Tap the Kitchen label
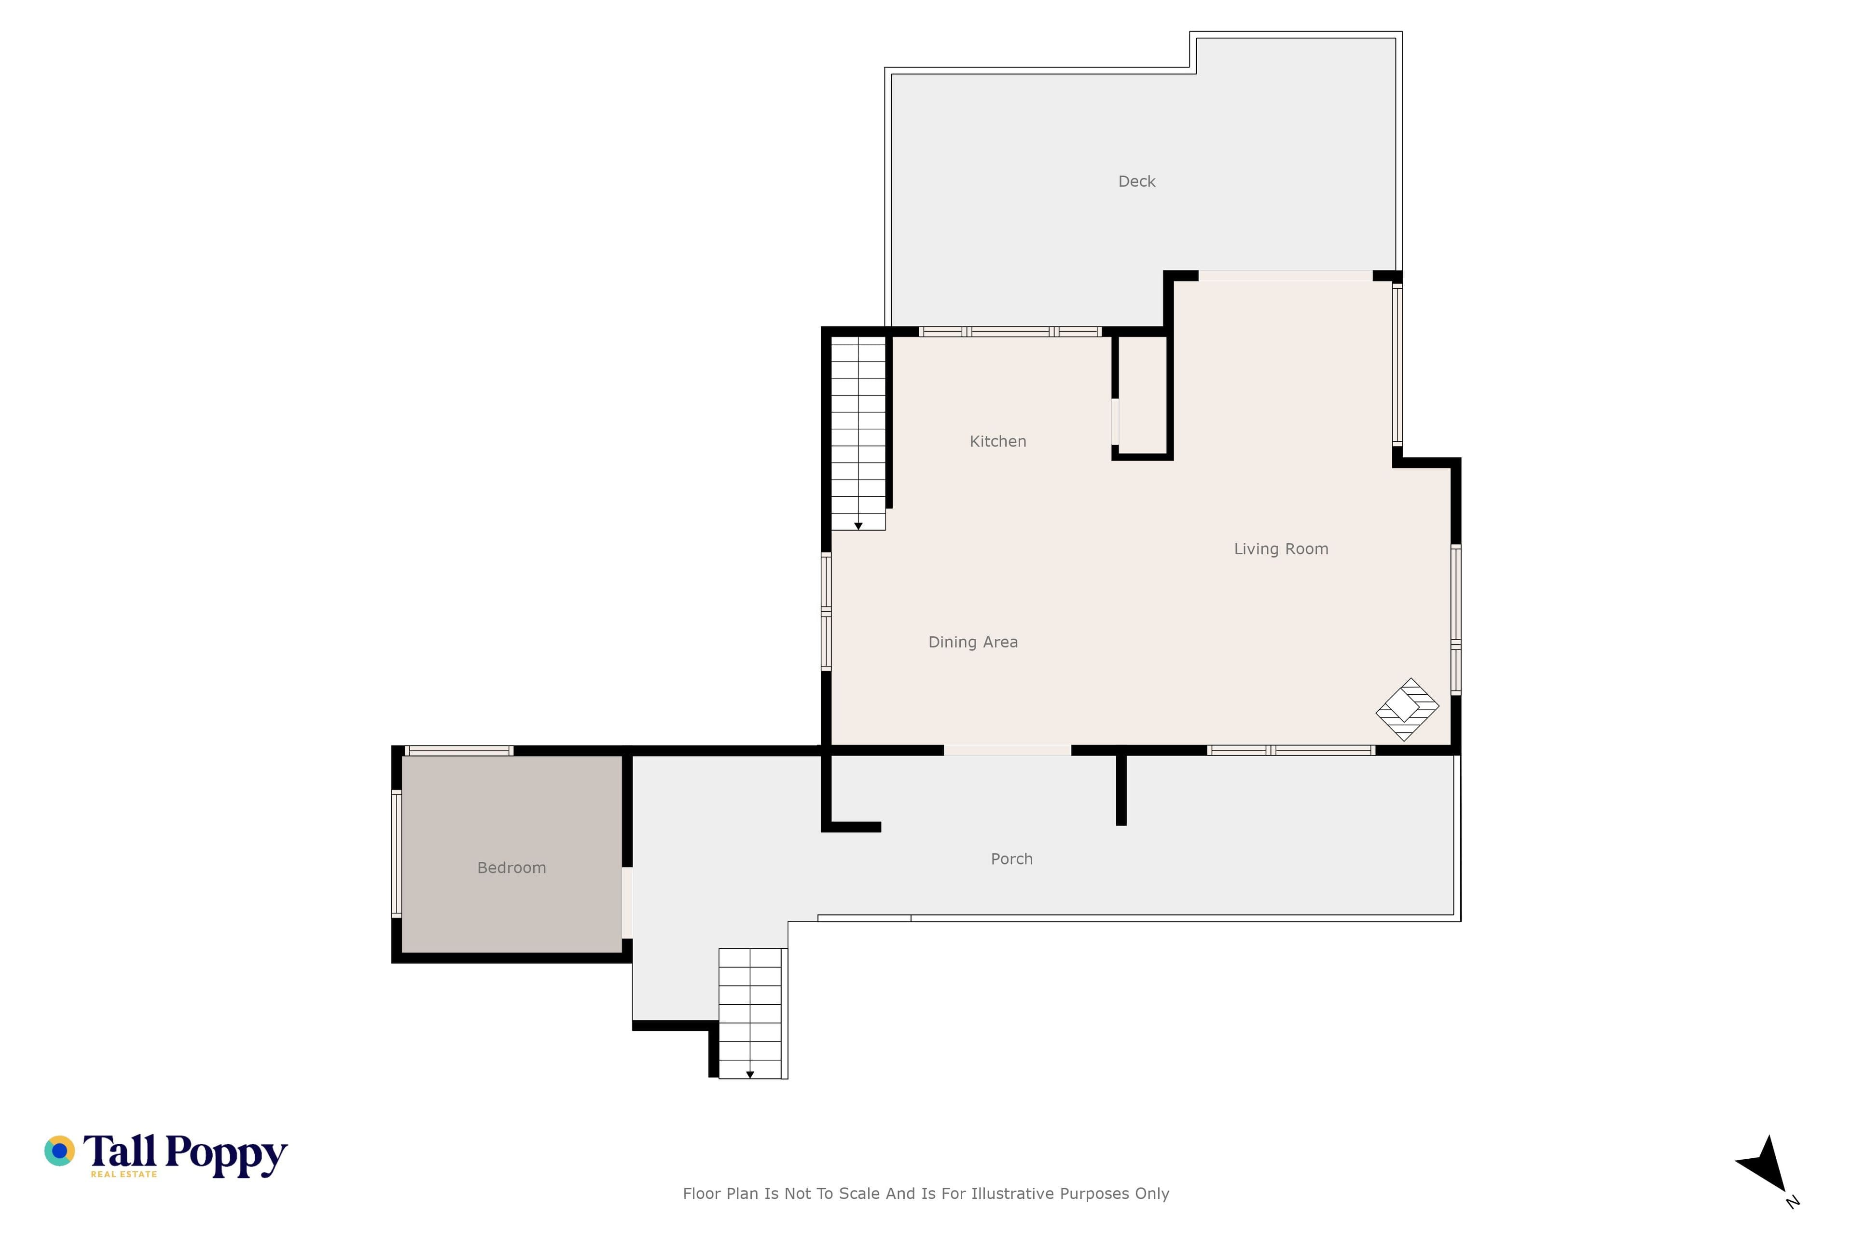997,441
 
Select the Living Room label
1281,549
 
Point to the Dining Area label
973,643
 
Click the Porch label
1011,859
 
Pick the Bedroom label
512,868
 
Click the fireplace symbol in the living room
1407,709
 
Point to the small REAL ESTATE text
124,1174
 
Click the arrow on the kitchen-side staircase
858,526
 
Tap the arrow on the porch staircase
750,1074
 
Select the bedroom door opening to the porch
627,902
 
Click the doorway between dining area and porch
1007,750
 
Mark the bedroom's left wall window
396,855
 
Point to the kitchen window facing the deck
1010,332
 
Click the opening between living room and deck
1285,276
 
